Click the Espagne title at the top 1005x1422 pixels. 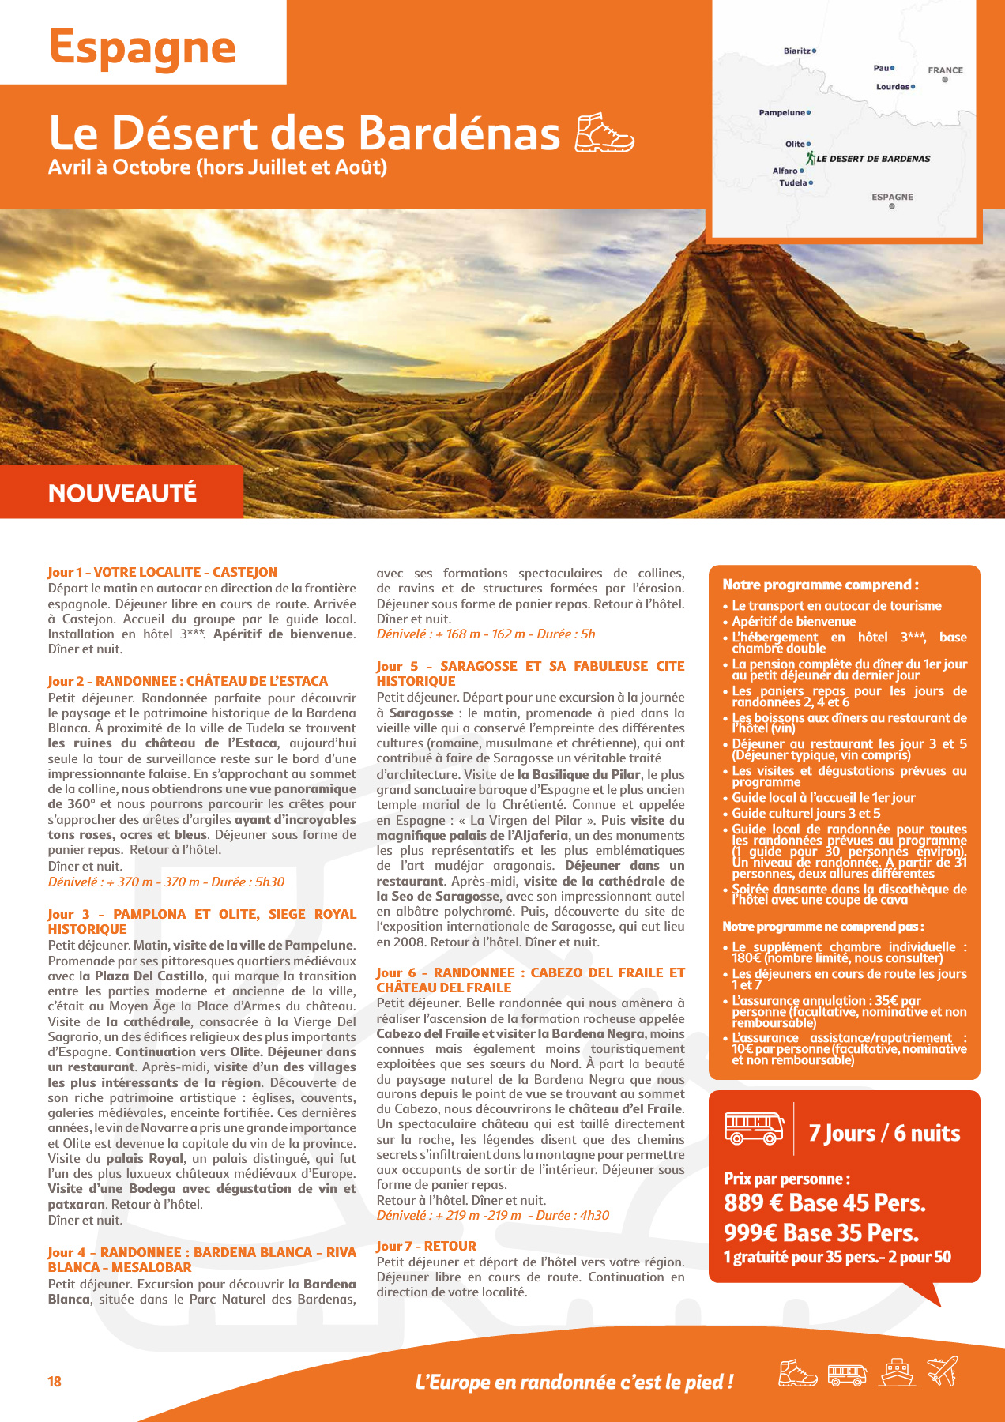coord(142,48)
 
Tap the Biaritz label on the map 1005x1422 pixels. coord(797,51)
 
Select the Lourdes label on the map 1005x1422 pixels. coord(893,87)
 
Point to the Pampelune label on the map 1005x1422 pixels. coord(782,113)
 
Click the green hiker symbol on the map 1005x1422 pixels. coord(811,158)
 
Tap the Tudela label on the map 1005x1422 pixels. coord(793,183)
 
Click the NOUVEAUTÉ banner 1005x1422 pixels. coord(122,493)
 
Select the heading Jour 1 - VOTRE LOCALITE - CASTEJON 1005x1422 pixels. coord(162,572)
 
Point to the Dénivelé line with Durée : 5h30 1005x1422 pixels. coord(166,882)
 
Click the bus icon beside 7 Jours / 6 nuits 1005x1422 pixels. coord(755,1128)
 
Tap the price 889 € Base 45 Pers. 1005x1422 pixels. coord(824,1203)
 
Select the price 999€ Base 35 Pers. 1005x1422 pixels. coord(821,1232)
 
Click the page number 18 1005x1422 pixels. coord(55,1382)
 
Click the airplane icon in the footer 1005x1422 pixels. coord(943,1371)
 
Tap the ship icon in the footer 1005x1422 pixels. coord(898,1372)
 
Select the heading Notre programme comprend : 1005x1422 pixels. coord(820,585)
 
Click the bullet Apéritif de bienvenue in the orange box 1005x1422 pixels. coord(793,622)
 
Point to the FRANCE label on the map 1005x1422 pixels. coord(945,70)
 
